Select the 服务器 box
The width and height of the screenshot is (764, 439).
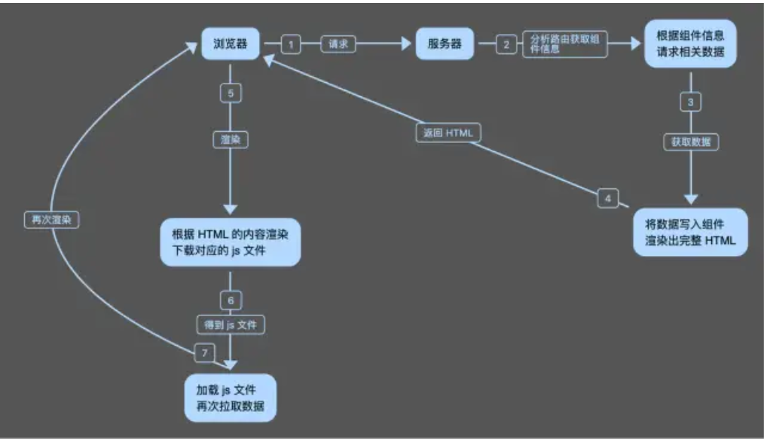click(x=446, y=44)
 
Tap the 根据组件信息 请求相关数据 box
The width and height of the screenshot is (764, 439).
click(x=690, y=44)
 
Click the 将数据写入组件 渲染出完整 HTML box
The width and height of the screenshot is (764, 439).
click(x=690, y=232)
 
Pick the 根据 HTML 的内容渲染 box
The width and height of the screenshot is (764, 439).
click(x=231, y=242)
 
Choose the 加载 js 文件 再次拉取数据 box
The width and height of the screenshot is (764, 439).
click(x=231, y=397)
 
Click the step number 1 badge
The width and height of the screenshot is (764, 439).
click(x=292, y=45)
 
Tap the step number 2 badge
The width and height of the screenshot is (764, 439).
click(x=506, y=45)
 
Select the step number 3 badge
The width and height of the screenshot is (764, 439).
click(x=690, y=102)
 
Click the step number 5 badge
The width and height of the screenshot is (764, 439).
click(x=231, y=93)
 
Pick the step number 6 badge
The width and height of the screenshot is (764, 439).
click(x=231, y=300)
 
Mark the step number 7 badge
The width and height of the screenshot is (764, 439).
click(x=202, y=352)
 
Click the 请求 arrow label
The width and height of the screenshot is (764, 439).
click(x=338, y=45)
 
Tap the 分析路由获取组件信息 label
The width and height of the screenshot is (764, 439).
click(x=564, y=45)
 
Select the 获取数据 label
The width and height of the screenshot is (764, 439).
click(x=690, y=142)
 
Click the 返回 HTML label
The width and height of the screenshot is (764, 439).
click(x=447, y=133)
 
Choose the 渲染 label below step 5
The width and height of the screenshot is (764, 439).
click(x=231, y=140)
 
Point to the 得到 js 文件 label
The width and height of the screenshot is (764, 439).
click(x=231, y=325)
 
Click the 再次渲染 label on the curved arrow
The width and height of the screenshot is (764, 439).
click(x=52, y=221)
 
